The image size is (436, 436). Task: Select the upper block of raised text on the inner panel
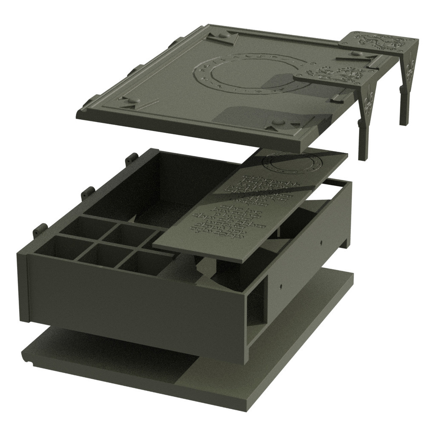tap(260, 187)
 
